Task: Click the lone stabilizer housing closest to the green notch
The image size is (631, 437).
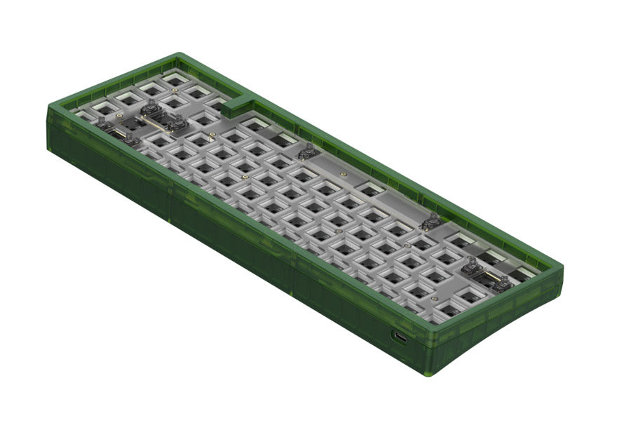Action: (x=306, y=150)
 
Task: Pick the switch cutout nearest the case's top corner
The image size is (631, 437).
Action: (x=174, y=79)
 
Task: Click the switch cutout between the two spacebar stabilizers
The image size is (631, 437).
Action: (x=368, y=188)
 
